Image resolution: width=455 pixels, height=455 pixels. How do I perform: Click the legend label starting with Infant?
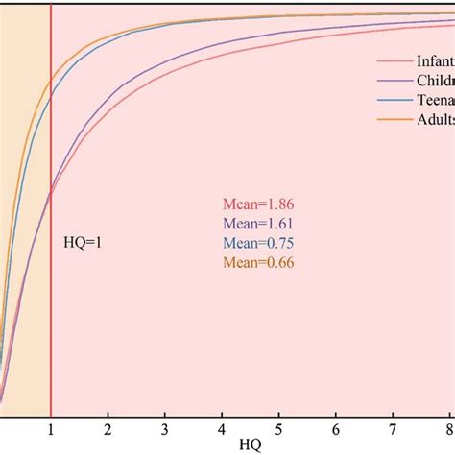pyautogui.click(x=435, y=62)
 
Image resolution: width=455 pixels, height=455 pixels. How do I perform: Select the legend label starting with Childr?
pyautogui.click(x=435, y=82)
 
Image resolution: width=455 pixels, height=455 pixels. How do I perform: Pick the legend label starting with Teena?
pyautogui.click(x=435, y=101)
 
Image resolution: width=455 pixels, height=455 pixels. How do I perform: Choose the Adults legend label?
pyautogui.click(x=435, y=120)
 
